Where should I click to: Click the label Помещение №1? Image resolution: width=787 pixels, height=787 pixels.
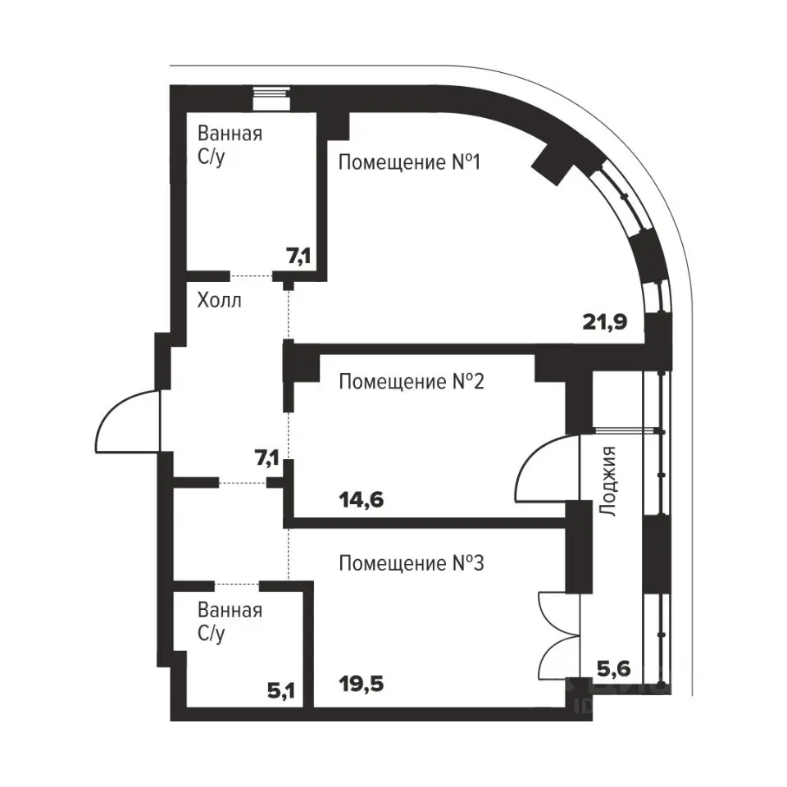410,162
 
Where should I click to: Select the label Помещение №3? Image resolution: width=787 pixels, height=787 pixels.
411,563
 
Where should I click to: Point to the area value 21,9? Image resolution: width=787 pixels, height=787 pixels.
605,321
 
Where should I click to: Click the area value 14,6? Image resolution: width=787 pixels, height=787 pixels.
362,500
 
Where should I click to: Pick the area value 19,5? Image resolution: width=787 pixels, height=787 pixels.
362,684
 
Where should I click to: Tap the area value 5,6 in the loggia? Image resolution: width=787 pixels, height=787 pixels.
613,669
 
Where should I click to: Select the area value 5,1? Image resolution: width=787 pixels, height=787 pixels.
281,692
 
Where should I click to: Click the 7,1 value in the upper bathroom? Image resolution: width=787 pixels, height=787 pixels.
298,257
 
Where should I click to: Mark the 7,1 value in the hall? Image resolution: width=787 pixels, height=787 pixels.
267,458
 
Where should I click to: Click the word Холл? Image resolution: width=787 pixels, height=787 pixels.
220,300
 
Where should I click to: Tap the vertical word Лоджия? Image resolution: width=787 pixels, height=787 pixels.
607,481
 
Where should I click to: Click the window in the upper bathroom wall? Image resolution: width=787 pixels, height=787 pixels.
271,99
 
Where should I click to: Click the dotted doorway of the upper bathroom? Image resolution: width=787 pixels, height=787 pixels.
252,275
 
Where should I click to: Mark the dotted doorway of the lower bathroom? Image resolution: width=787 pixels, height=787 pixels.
237,584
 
